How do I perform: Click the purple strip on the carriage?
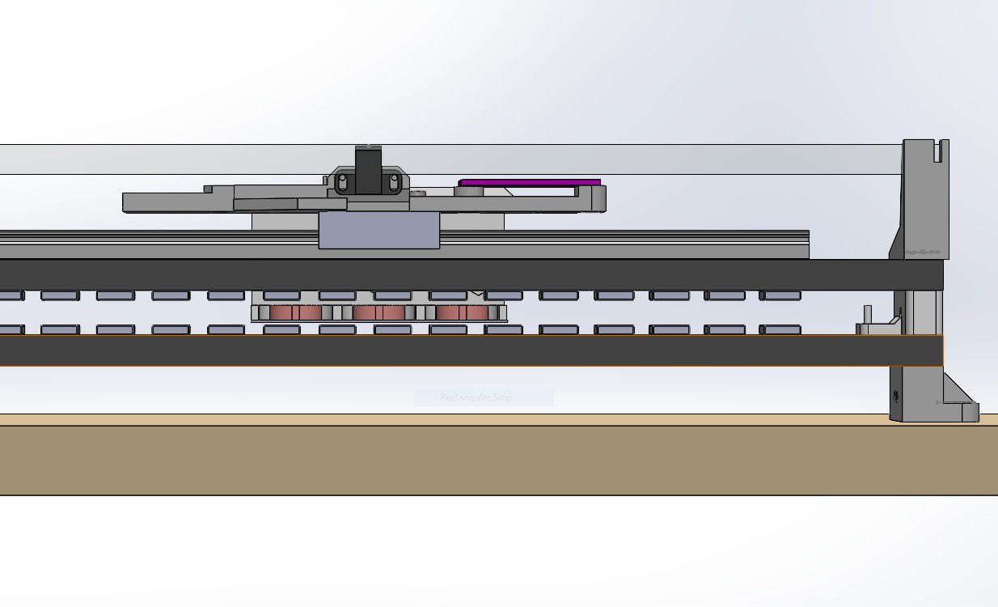[530, 183]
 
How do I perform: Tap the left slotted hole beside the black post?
[342, 183]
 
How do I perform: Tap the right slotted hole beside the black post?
[394, 183]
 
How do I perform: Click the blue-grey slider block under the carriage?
[378, 231]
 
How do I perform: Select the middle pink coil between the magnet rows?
[378, 312]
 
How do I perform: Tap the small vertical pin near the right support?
[868, 314]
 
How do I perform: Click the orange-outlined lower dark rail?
[469, 350]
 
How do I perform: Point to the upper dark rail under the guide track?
[469, 274]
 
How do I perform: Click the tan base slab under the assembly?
[485, 457]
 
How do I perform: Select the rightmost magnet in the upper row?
[781, 295]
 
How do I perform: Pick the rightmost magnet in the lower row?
[781, 329]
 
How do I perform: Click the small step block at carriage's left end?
[208, 189]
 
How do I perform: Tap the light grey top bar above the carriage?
[647, 159]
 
